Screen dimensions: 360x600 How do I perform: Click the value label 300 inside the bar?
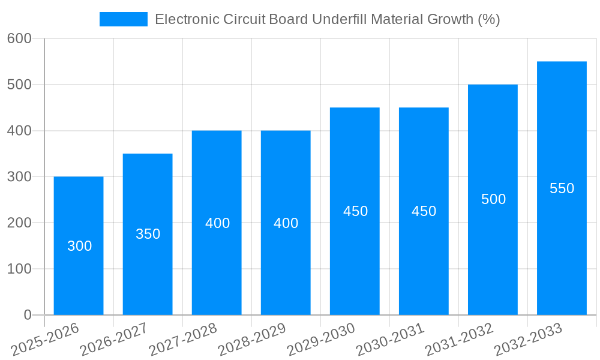coord(79,246)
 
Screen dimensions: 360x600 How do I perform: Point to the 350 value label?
coord(148,234)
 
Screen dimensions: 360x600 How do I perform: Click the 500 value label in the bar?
coord(493,199)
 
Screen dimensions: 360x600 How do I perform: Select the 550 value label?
coord(562,188)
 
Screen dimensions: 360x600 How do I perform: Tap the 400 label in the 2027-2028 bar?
coord(217,223)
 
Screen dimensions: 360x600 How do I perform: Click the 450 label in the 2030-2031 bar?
coord(424,211)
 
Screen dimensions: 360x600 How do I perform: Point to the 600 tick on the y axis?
coord(19,38)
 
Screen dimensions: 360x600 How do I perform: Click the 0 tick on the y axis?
coord(27,315)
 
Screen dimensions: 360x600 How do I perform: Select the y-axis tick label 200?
coord(19,223)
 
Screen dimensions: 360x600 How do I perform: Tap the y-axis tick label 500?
coord(19,85)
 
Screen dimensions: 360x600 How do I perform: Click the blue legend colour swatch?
coord(123,19)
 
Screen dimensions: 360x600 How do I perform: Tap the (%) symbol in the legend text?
coord(488,19)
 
